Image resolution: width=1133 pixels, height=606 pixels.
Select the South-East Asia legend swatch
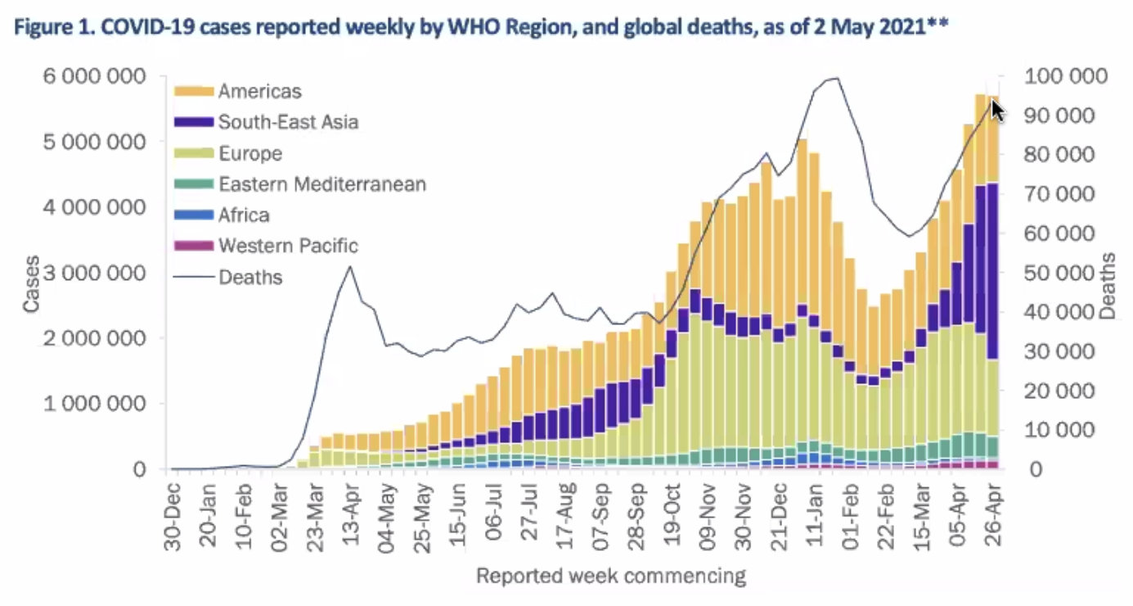195,123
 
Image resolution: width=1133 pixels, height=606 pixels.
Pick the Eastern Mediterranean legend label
322,184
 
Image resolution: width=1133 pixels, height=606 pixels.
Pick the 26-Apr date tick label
992,509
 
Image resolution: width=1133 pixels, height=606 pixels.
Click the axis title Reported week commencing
611,576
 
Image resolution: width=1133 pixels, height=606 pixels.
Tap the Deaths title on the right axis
1108,286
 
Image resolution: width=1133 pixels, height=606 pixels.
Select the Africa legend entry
243,215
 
